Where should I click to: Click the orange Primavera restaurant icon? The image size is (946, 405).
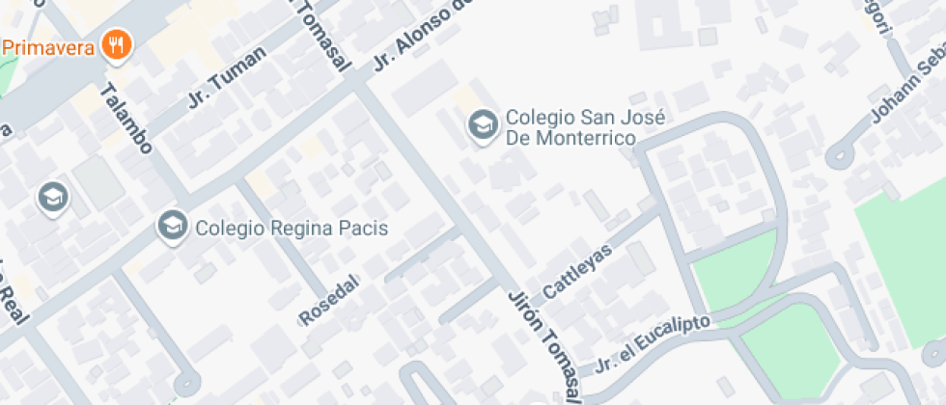click(x=117, y=44)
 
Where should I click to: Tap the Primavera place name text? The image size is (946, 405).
click(x=47, y=46)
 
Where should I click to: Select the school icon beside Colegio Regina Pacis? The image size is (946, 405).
click(x=173, y=228)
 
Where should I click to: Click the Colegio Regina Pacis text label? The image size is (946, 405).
click(x=291, y=229)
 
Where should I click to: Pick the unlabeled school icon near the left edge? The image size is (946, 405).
click(x=53, y=197)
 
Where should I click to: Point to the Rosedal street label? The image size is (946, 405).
click(x=329, y=300)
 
